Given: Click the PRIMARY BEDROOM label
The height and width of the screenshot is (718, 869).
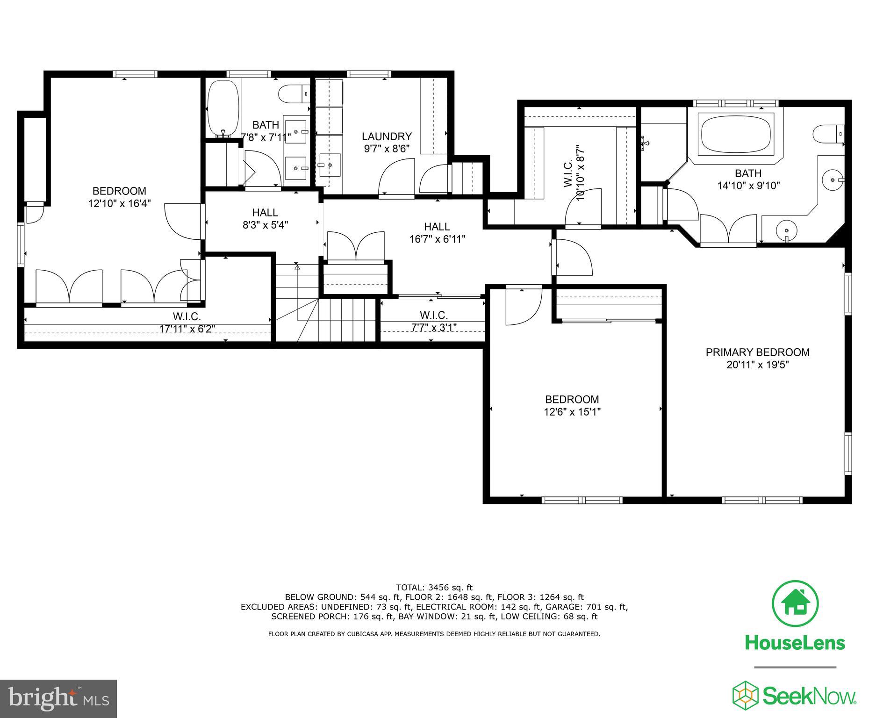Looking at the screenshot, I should coord(757,352).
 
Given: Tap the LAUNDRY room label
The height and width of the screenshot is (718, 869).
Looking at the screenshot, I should coord(387,136).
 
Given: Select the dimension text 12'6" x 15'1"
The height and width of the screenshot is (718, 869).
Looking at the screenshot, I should coord(572,412).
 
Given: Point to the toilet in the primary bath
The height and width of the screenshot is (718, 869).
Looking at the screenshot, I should coord(828,134).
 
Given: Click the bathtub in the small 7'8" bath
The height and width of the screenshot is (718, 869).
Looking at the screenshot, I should coord(223,108).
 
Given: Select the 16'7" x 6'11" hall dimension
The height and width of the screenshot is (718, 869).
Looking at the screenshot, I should coord(437,239).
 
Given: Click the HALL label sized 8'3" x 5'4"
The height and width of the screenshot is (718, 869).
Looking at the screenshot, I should coord(265,212).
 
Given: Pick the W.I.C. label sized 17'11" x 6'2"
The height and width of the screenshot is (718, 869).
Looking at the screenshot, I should coord(187,316).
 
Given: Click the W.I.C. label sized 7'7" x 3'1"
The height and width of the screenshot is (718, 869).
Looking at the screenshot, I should coord(433,315).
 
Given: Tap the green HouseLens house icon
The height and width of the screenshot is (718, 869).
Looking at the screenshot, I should coord(795,603).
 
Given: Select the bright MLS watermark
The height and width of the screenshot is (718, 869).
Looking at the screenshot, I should coord(58,699).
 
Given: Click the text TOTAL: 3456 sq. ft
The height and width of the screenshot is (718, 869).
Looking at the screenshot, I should coord(434,588).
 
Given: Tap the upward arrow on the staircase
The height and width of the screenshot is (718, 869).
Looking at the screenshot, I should coord(297,267).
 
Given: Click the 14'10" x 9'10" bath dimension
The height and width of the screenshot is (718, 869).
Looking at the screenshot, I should coord(748,186).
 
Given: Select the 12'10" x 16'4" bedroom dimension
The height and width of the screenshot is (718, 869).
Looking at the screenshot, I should coord(119,203).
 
